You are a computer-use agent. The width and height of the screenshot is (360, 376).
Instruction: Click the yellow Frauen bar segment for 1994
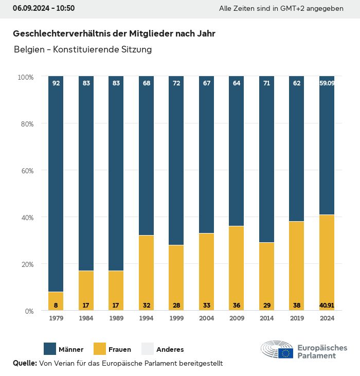pyautogui.click(x=146, y=273)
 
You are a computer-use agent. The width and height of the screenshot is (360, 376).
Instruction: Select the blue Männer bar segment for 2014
pyautogui.click(x=266, y=159)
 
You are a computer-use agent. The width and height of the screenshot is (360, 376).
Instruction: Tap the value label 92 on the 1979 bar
pyautogui.click(x=56, y=83)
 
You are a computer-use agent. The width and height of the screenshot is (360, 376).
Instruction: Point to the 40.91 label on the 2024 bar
pyautogui.click(x=327, y=305)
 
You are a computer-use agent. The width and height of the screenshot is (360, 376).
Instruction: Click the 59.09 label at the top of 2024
pyautogui.click(x=327, y=83)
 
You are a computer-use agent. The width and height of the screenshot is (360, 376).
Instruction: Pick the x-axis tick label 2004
pyautogui.click(x=206, y=318)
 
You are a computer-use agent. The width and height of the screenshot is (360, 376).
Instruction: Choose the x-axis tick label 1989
pyautogui.click(x=116, y=318)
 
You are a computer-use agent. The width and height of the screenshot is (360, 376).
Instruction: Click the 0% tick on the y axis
pyautogui.click(x=28, y=311)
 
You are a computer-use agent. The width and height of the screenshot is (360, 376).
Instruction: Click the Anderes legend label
pyautogui.click(x=170, y=350)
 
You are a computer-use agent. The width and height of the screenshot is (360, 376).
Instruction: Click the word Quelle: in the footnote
pyautogui.click(x=25, y=363)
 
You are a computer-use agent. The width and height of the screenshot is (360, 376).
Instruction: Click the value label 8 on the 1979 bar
pyautogui.click(x=56, y=305)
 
